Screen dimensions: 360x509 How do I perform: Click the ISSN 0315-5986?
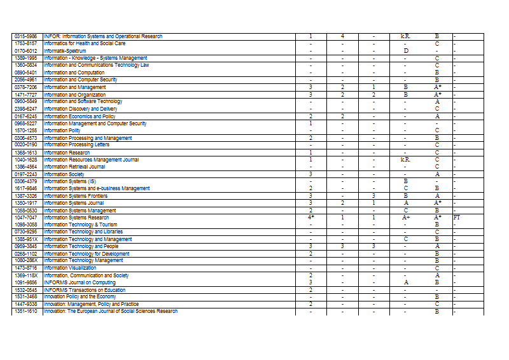click(25, 36)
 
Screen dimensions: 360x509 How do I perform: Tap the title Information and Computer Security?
click(80, 80)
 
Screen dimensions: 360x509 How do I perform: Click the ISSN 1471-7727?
click(25, 94)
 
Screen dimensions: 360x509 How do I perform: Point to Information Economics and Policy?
click(80, 116)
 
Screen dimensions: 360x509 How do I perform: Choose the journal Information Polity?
click(62, 130)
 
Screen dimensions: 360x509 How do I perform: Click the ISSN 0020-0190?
click(25, 145)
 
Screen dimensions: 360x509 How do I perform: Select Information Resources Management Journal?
click(91, 160)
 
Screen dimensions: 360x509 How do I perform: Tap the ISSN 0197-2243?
click(25, 174)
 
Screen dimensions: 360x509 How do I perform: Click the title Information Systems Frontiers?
click(76, 196)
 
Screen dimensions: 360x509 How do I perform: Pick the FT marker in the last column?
click(457, 218)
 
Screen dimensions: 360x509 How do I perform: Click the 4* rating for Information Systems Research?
click(311, 218)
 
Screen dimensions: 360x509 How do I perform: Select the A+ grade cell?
click(406, 218)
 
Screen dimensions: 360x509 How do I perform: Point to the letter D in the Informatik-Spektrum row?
click(406, 50)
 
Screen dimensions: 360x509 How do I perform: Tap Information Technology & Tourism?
click(80, 225)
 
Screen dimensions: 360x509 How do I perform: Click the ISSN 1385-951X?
click(25, 239)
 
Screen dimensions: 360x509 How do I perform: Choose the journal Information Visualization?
click(69, 268)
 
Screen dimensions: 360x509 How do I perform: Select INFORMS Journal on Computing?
click(80, 282)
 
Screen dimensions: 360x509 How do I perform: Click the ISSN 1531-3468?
click(25, 297)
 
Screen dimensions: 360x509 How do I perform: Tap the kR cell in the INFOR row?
click(405, 36)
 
